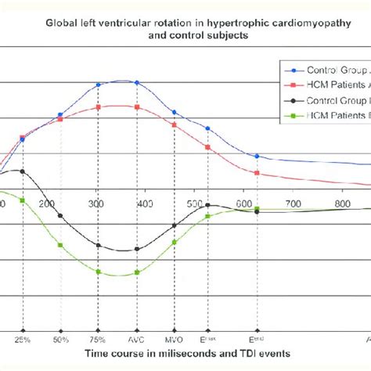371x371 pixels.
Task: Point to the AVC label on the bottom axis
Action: (137, 340)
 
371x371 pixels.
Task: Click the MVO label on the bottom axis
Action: (175, 340)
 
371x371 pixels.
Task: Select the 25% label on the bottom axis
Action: (23, 340)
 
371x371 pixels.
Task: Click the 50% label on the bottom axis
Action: (60, 340)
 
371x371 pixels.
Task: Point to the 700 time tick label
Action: (294, 204)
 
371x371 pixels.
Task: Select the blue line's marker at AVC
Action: (137, 82)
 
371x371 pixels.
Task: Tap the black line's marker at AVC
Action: (137, 249)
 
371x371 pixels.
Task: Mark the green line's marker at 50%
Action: (60, 245)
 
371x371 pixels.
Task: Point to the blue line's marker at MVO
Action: (175, 113)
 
